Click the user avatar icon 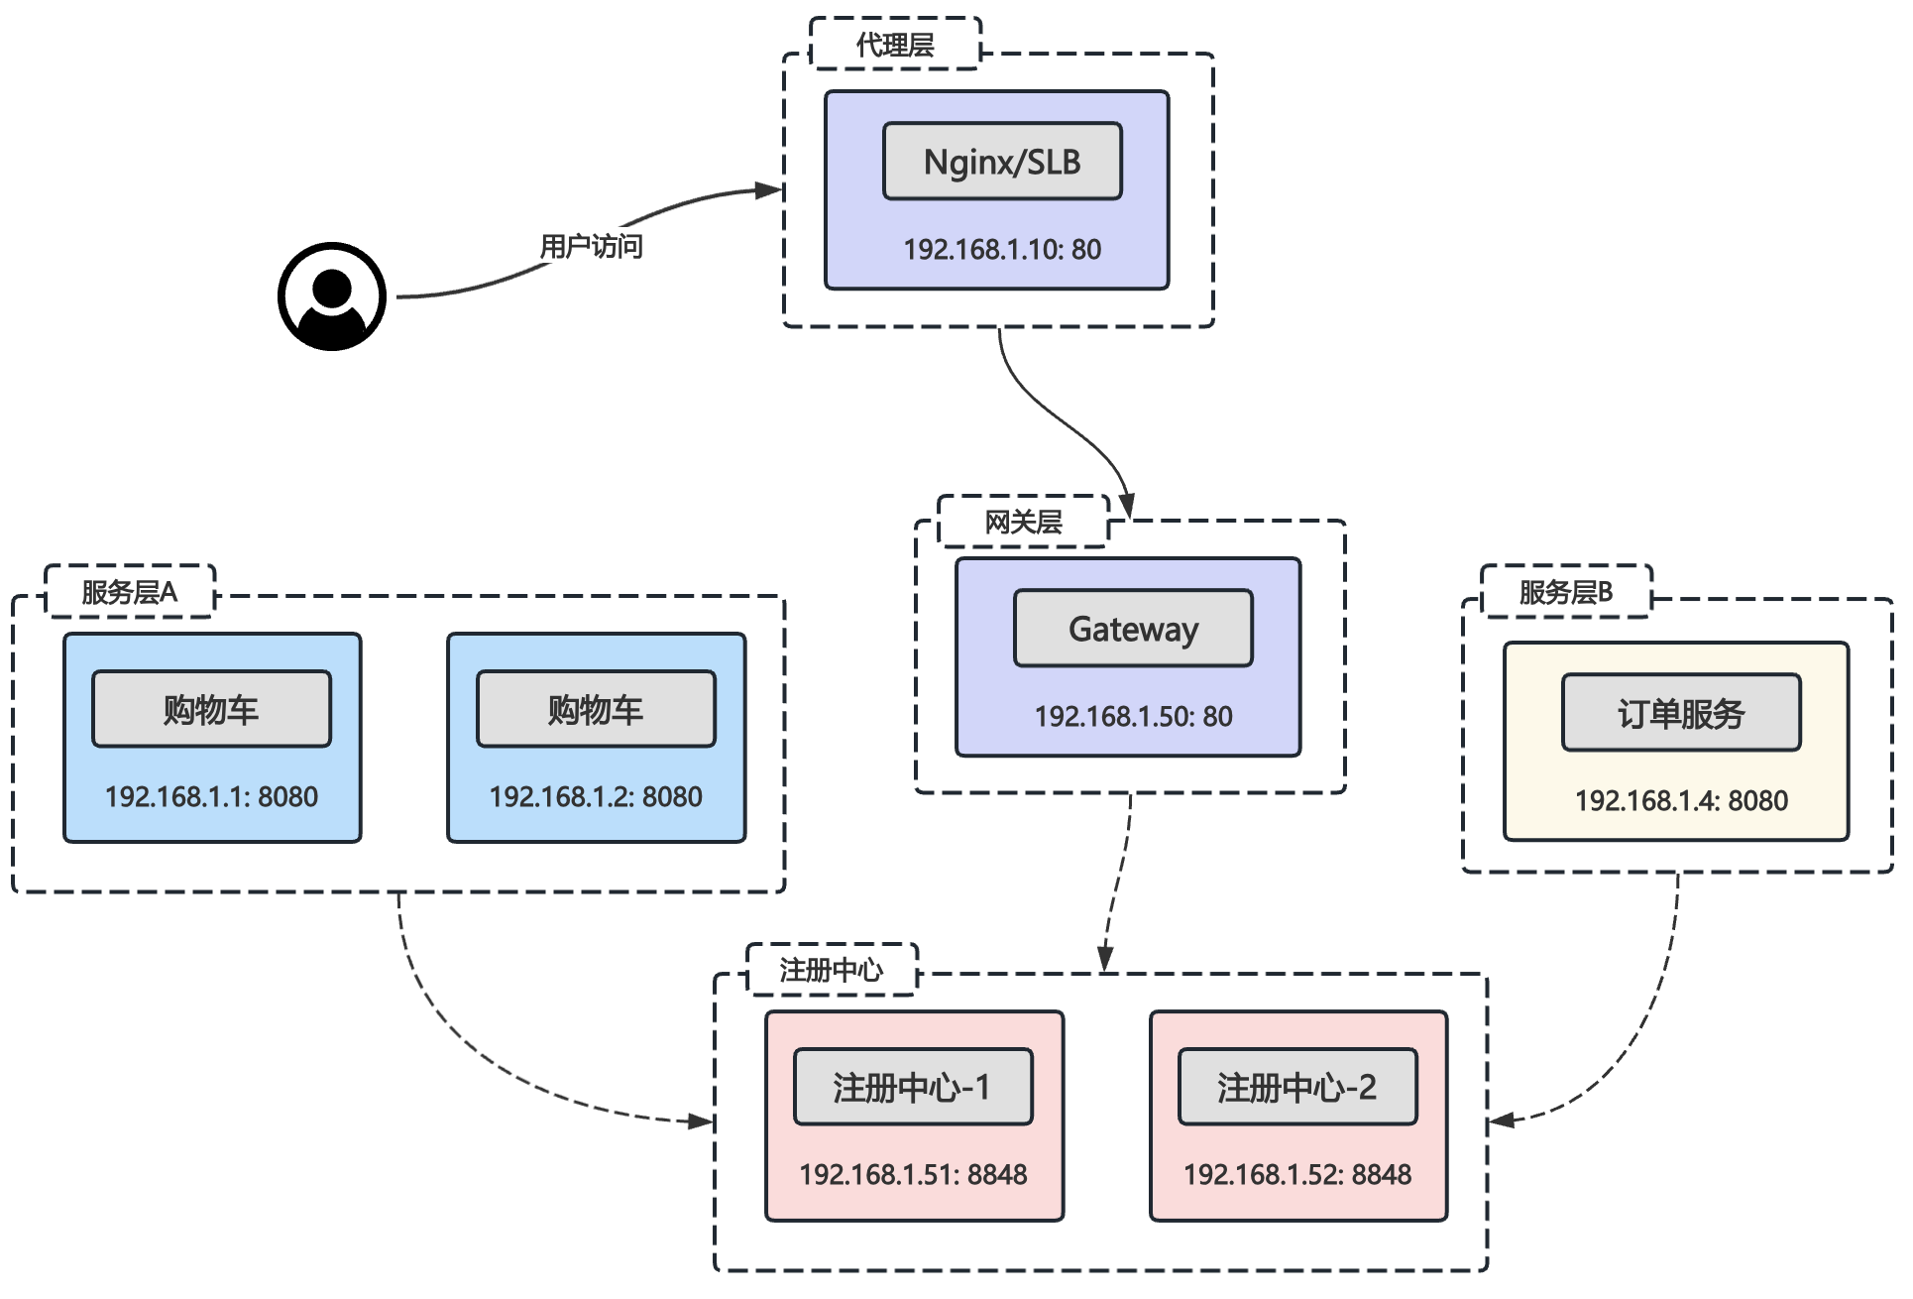[331, 295]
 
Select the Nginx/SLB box [1002, 162]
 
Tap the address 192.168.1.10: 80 [1002, 249]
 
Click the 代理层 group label [895, 45]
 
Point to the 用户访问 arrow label [591, 246]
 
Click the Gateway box [1133, 629]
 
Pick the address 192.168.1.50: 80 [1133, 716]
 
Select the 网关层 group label [1023, 522]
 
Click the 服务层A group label [130, 592]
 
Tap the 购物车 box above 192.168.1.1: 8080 [211, 709]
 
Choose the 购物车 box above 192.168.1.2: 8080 [596, 709]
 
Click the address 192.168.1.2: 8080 [596, 796]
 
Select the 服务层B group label [1566, 592]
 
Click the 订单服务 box [1681, 713]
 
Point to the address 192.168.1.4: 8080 [1681, 800]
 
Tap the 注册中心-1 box [913, 1087]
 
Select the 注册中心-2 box [1297, 1087]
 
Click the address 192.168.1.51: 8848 [913, 1174]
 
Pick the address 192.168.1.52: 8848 [1297, 1174]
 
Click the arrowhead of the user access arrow [770, 189]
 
